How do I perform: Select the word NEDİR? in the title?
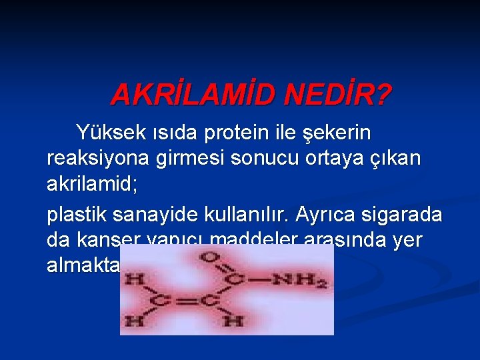coord(337,96)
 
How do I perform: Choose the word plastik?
coord(75,215)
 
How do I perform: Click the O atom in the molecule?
coord(213,257)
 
